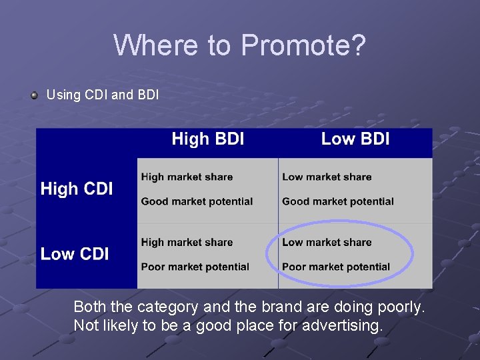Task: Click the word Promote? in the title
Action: tap(303, 46)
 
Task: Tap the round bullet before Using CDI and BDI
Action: tap(34, 95)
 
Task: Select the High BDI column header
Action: tap(207, 139)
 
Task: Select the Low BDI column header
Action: tap(355, 139)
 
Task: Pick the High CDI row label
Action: tap(77, 189)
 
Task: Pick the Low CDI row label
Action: tap(75, 254)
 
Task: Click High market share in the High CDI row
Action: tap(187, 177)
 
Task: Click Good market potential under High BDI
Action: tap(197, 201)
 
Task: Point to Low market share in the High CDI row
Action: tap(327, 177)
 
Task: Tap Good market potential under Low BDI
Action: tap(338, 201)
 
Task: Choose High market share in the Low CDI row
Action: tap(187, 243)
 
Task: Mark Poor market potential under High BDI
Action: tap(195, 267)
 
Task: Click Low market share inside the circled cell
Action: tap(327, 243)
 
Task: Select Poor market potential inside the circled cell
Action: tap(336, 267)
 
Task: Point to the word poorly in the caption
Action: tap(400, 307)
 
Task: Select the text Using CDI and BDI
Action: tap(103, 95)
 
